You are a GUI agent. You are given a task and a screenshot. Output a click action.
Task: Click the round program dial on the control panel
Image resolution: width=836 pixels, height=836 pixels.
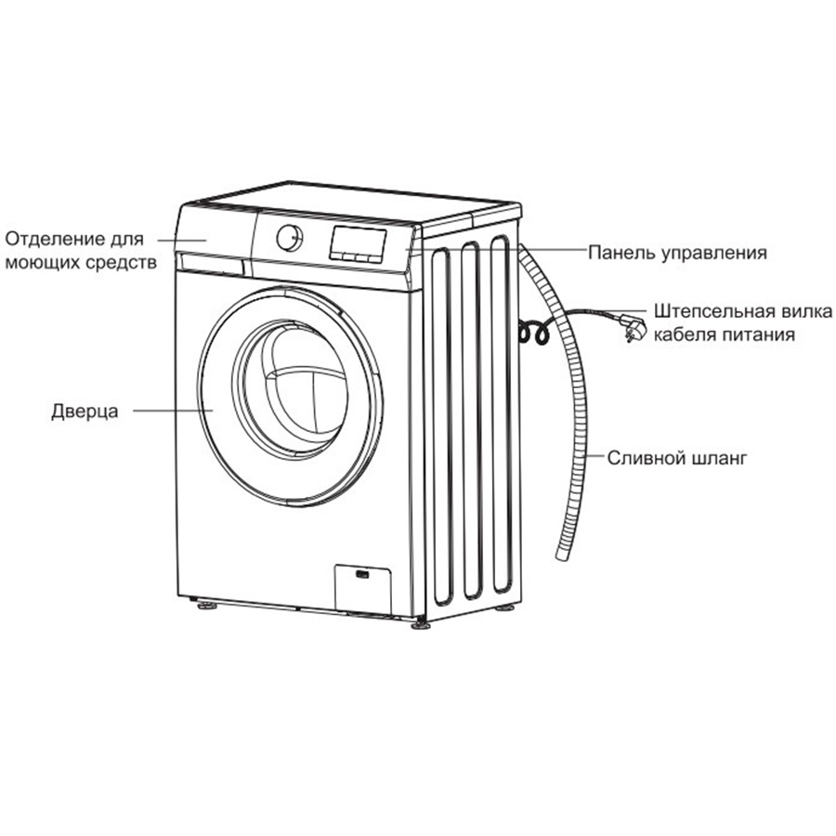coord(290,238)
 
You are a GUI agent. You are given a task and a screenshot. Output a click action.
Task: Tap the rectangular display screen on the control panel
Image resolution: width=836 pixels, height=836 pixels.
coord(358,244)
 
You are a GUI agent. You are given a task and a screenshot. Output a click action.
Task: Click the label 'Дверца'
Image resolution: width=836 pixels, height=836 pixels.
coord(85,411)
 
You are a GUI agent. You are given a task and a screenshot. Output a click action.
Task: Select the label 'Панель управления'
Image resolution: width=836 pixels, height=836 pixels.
coord(677,253)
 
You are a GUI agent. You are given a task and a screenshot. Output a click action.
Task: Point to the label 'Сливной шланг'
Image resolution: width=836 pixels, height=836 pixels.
coord(677,458)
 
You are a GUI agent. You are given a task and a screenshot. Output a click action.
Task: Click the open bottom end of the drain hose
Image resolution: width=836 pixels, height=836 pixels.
coord(562,555)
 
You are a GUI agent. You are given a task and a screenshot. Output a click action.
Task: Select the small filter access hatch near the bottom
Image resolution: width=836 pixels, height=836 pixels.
coord(363,589)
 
